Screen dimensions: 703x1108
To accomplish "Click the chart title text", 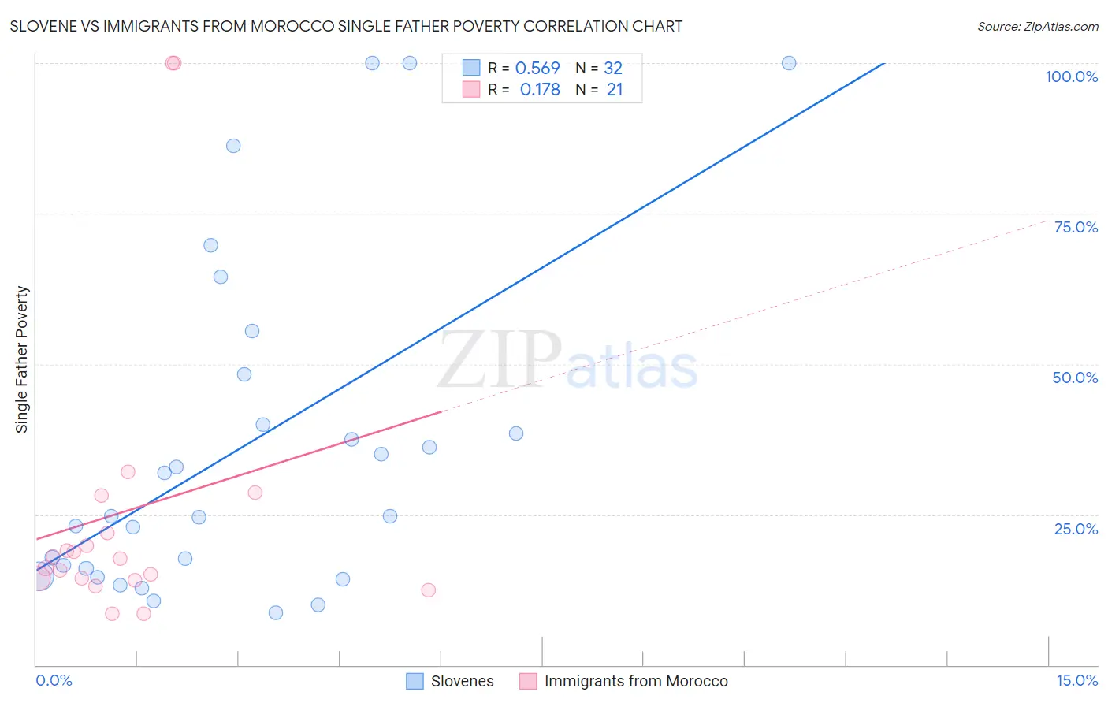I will (x=346, y=26).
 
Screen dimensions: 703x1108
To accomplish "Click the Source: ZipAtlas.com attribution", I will (x=1037, y=26).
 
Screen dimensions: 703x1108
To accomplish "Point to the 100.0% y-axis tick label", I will (x=1071, y=76).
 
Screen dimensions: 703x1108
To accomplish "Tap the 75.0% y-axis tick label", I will (x=1076, y=227).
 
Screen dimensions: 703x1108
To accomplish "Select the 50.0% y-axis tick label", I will (x=1075, y=378).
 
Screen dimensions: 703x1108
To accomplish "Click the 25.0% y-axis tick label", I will (x=1076, y=529).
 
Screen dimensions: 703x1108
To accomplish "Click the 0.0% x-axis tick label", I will (x=54, y=680).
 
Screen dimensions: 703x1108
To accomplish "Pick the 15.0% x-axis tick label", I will (x=1076, y=680).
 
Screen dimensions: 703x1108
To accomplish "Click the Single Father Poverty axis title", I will (x=22, y=359).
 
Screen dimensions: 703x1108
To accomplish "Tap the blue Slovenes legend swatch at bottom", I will (x=415, y=681).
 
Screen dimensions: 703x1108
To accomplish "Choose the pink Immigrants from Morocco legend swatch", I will (x=528, y=681).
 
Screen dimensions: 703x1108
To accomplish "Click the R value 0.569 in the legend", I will (x=537, y=69).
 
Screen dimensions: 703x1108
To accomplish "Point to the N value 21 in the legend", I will (x=615, y=90).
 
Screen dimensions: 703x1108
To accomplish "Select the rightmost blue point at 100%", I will (x=789, y=63).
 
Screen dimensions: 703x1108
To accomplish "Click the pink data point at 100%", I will (x=173, y=63).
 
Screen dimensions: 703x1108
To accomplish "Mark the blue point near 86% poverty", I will (x=233, y=146).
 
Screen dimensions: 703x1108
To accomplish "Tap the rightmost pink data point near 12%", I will (x=429, y=590).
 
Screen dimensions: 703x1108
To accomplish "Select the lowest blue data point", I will (x=276, y=612).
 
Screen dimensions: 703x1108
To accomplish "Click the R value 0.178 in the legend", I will (x=540, y=90).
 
